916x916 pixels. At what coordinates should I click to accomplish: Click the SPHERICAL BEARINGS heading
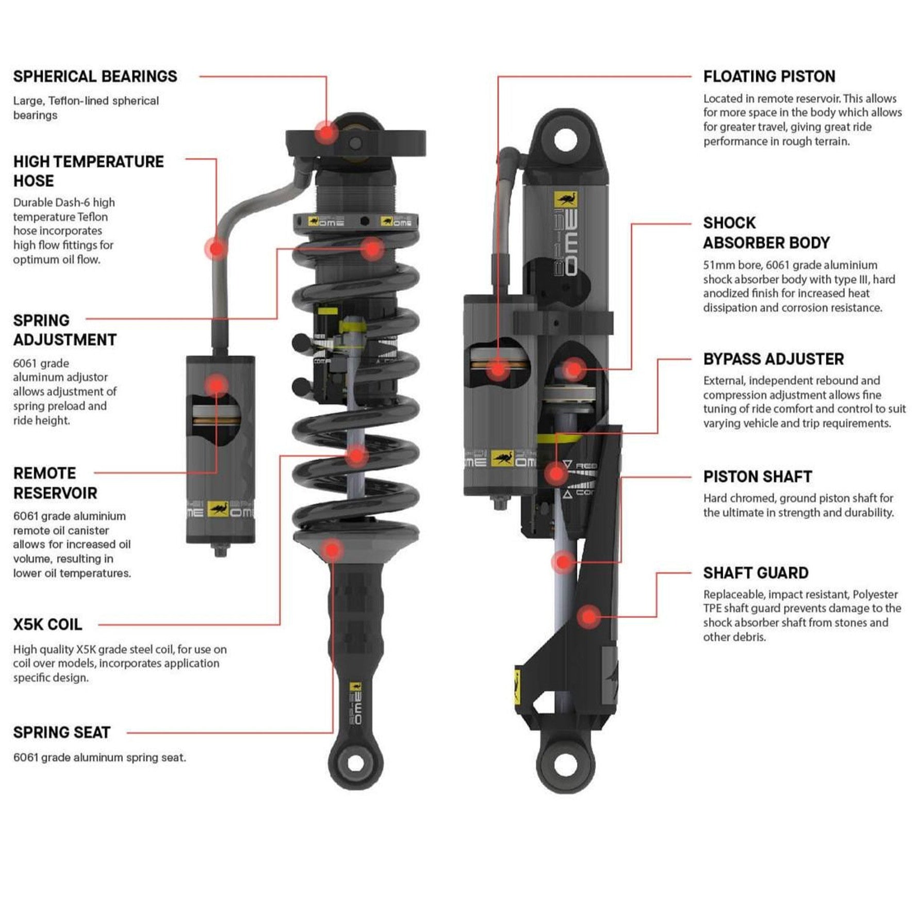point(95,77)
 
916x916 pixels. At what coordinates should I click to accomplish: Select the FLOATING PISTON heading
point(769,77)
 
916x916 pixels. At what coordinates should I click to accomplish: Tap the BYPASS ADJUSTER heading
point(774,359)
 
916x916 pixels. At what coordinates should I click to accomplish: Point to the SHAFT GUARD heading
point(756,573)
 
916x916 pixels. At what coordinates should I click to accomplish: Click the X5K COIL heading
point(47,625)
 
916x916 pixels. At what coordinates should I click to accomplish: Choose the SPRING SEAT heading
point(62,732)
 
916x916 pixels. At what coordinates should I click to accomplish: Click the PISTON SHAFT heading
point(758,477)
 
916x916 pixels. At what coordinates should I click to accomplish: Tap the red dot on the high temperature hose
point(217,249)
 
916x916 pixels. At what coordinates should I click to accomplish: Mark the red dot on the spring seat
point(333,550)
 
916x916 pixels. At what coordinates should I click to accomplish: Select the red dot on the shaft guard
point(588,616)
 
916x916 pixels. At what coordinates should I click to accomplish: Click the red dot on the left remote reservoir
point(216,385)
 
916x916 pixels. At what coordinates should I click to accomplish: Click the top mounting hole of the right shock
point(565,140)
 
